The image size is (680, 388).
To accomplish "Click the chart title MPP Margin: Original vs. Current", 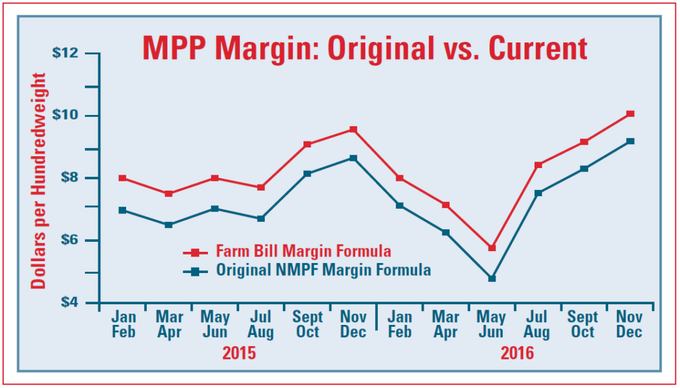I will [365, 49].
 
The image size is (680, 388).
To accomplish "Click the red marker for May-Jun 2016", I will [492, 248].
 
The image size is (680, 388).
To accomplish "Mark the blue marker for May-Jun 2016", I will [492, 278].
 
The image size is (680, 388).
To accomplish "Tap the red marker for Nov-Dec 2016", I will [630, 114].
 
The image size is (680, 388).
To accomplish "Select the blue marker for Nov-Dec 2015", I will [353, 158].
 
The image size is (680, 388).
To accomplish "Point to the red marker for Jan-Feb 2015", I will [123, 178].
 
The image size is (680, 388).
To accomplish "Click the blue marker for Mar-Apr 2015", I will [169, 225].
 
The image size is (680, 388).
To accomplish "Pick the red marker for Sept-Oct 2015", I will [307, 144].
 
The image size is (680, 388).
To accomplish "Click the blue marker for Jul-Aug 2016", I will [538, 193].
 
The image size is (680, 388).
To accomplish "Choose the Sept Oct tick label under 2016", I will [583, 324].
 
